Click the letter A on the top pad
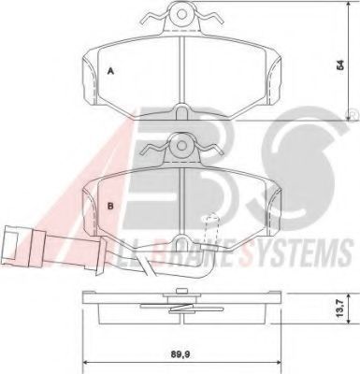click(110, 71)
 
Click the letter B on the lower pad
click(110, 206)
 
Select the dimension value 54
click(341, 65)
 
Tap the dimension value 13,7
click(339, 309)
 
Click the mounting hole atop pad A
click(182, 13)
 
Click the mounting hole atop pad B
click(182, 145)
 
